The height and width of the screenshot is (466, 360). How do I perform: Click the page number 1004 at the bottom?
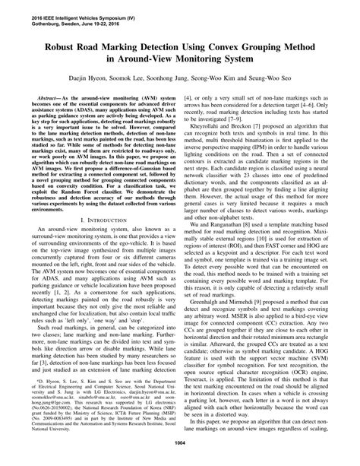(180, 455)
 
